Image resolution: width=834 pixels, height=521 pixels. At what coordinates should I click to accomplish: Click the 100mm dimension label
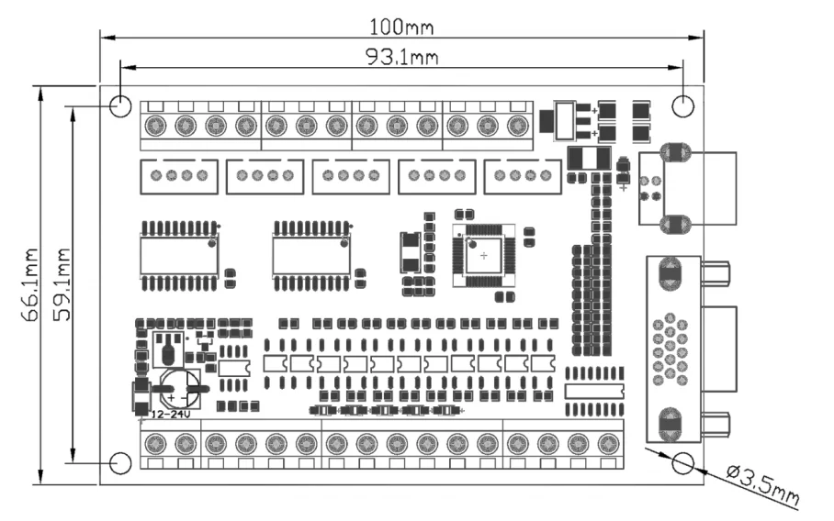pos(401,27)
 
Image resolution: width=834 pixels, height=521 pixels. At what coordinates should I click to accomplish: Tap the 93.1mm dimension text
pos(402,56)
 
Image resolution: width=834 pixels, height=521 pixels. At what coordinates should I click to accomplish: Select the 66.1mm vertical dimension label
pos(30,284)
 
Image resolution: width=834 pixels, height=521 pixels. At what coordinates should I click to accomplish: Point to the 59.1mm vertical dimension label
pos(62,284)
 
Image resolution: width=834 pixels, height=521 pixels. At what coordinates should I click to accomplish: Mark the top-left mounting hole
pos(120,105)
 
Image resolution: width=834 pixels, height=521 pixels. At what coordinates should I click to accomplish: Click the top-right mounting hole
pos(683,105)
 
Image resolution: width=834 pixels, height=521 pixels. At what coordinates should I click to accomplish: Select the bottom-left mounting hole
pos(120,463)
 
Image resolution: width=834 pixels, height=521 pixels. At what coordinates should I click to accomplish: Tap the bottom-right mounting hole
pos(683,463)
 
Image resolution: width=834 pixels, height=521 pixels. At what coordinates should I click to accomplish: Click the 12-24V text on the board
pos(171,415)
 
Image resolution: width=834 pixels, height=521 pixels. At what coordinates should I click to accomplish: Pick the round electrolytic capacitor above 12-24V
pos(180,389)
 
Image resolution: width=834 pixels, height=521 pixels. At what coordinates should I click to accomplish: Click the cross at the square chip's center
pos(483,256)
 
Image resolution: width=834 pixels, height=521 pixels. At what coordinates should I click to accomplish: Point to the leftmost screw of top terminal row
pos(155,126)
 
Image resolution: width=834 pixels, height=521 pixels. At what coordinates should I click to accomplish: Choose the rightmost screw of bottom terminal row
pos(608,443)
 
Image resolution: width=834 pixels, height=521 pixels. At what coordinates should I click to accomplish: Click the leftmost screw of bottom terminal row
pos(155,443)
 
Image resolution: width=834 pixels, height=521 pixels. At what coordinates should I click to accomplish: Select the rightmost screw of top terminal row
pos(517,126)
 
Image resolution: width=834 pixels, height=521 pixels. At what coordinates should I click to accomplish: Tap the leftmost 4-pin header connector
pos(179,176)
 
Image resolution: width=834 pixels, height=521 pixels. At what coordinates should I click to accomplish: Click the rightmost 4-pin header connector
pos(523,176)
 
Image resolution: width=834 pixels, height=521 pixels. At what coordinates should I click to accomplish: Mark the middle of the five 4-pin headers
pos(351,176)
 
